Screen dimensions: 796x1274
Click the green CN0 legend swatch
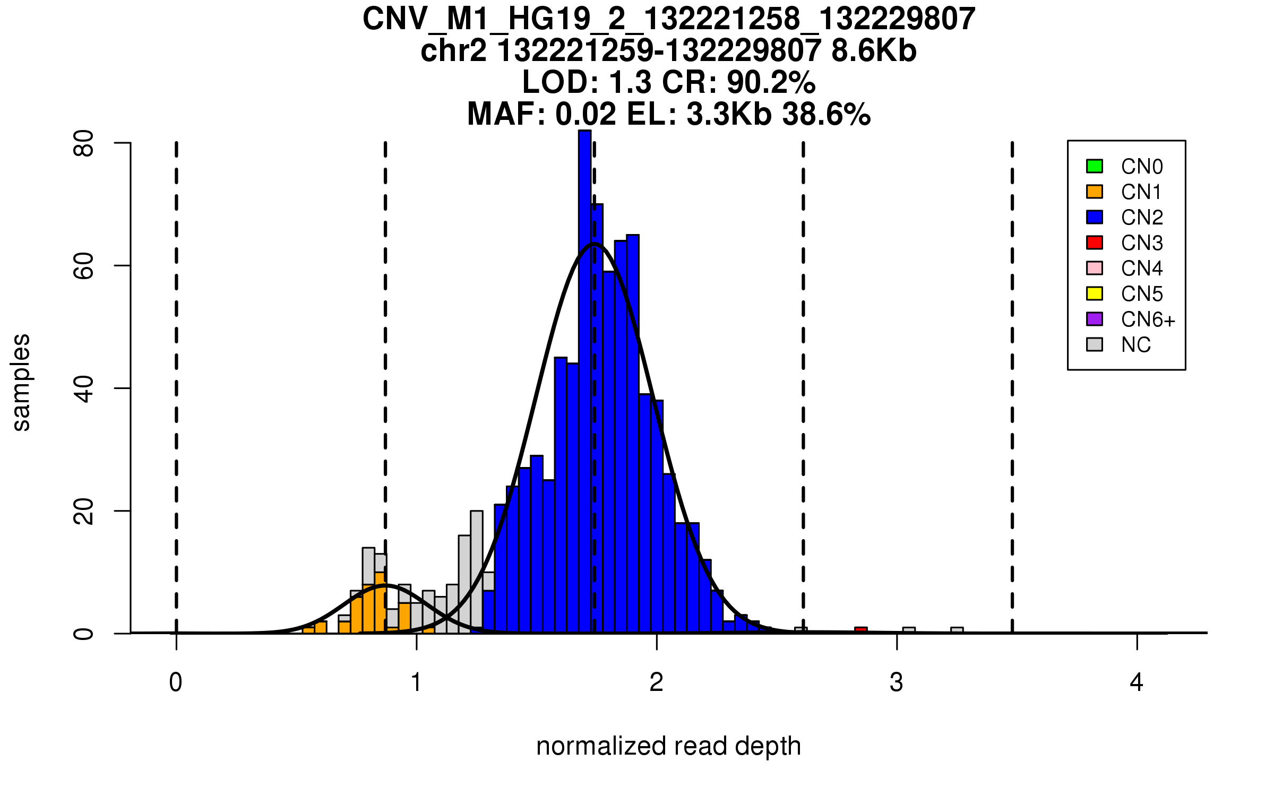(1094, 166)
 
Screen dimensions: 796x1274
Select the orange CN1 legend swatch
(1094, 192)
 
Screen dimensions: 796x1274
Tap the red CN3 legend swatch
(1094, 243)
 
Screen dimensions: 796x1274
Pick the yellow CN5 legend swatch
(1094, 293)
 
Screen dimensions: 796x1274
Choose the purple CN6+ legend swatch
(1094, 319)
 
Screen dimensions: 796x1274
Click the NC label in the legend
(1135, 345)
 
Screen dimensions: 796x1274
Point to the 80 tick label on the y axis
(84, 143)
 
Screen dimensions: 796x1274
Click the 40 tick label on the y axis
(84, 388)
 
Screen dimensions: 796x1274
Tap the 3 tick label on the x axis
(897, 682)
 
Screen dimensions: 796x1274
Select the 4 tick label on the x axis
(1137, 682)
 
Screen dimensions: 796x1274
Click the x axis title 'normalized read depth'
(668, 746)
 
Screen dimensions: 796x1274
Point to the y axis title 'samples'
(21, 382)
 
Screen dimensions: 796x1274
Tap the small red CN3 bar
(860, 630)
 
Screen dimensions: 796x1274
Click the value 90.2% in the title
(771, 82)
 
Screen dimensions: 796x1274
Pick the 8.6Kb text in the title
(874, 51)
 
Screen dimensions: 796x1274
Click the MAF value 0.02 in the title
(586, 114)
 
